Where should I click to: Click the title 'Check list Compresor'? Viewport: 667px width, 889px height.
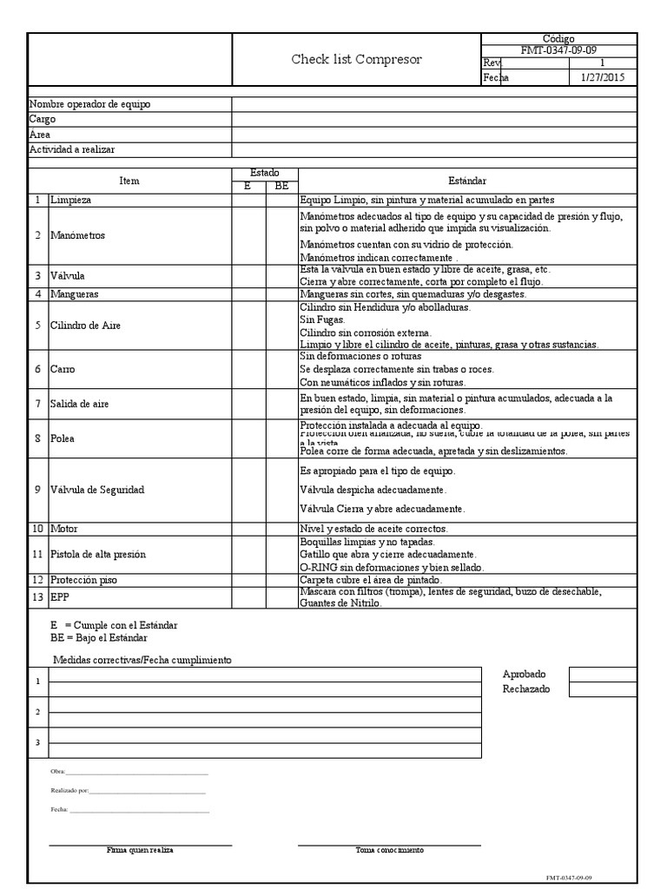coord(356,60)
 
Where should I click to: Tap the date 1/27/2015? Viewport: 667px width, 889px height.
coord(601,77)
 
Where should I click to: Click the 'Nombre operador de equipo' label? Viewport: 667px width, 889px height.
coord(90,104)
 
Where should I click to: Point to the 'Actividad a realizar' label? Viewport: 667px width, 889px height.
coord(72,150)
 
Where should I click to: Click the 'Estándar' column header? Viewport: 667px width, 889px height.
coord(467,180)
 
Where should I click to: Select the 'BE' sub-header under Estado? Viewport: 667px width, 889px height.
coord(281,186)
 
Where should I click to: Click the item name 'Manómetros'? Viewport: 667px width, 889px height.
coord(77,235)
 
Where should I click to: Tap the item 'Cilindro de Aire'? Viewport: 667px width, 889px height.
coord(86,326)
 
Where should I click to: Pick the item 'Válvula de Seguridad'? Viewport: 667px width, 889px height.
coord(96,490)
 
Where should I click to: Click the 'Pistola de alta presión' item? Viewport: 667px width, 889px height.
coord(98,554)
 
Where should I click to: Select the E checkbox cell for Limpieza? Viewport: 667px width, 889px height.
coord(248,200)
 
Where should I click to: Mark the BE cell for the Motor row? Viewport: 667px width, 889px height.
coord(281,529)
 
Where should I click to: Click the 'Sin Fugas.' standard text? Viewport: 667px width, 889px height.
coord(321,320)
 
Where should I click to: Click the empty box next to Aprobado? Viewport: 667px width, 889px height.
coord(603,675)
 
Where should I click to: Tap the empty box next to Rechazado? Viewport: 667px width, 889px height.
coord(603,689)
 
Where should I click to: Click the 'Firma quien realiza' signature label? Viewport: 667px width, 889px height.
coord(140,850)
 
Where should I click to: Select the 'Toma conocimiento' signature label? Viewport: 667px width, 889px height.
coord(390,850)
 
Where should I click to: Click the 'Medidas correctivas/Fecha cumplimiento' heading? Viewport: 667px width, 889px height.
coord(142,660)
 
